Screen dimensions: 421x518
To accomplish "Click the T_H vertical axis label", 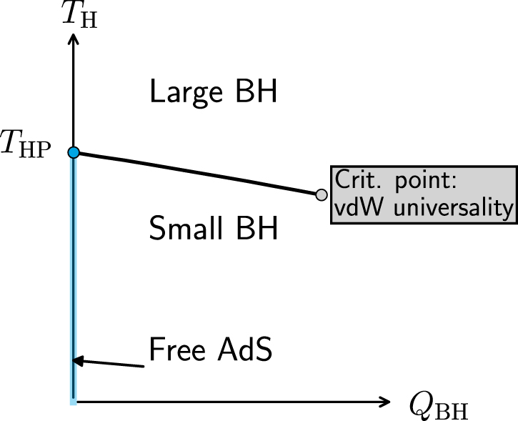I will click(x=80, y=14).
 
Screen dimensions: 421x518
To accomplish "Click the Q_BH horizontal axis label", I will click(x=439, y=407).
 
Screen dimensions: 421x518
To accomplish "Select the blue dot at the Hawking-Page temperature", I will click(x=73, y=152).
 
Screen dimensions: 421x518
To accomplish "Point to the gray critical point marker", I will click(x=322, y=194).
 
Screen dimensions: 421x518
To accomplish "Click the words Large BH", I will click(x=213, y=93).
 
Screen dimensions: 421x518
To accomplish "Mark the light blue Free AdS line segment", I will click(x=73, y=286).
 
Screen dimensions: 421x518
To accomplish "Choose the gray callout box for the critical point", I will click(x=423, y=194).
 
